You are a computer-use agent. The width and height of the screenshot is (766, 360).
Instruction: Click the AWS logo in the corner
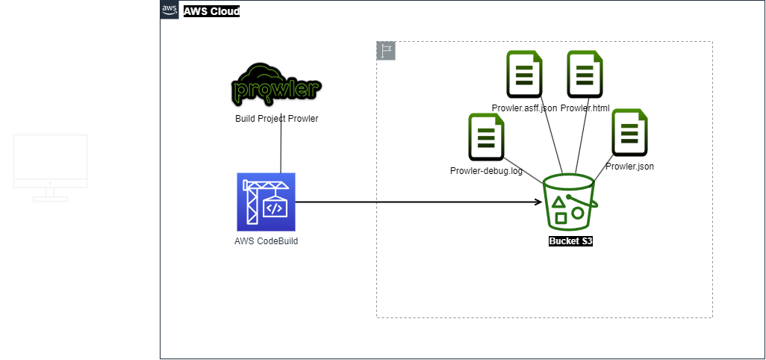pos(169,10)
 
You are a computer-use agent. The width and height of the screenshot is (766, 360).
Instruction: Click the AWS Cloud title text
pos(211,11)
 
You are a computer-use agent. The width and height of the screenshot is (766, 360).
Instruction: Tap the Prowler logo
pos(277,85)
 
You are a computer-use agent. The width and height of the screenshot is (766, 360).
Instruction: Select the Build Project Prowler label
pos(277,119)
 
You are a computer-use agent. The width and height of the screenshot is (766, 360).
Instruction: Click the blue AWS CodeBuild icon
pos(266,202)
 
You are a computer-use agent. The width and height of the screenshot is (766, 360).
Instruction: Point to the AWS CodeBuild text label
pos(266,241)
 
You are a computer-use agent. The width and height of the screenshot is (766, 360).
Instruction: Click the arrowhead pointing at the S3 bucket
pos(538,202)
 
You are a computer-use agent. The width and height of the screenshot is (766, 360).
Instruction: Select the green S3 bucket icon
pos(569,201)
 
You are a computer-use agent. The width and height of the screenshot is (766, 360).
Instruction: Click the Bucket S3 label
pos(570,241)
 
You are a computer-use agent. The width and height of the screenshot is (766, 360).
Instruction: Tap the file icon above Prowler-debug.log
pos(486,137)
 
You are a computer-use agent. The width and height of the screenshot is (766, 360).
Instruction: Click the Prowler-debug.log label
pos(486,171)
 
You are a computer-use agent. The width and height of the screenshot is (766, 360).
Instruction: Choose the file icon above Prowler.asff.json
pos(524,74)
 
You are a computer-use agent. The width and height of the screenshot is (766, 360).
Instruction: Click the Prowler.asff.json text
pos(523,108)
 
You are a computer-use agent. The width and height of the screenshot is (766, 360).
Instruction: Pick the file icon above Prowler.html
pos(585,74)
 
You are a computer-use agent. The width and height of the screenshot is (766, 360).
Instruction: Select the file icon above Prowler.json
pos(629,132)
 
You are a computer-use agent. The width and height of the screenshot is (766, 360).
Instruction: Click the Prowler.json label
pos(629,167)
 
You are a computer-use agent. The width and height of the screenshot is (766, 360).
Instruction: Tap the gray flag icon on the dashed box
pos(386,51)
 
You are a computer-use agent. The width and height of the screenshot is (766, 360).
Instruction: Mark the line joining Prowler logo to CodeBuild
pos(281,149)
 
